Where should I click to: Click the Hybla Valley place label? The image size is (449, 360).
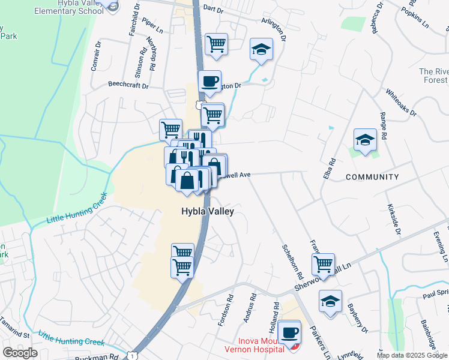click(208, 212)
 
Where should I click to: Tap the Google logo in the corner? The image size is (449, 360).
click(20, 353)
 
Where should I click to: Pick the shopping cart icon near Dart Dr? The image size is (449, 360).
click(216, 44)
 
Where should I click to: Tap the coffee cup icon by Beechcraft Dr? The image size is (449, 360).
click(209, 82)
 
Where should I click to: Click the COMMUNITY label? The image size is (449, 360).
click(372, 177)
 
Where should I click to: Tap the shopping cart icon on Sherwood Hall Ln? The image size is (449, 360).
click(323, 263)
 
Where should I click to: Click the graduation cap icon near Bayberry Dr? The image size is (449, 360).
click(330, 302)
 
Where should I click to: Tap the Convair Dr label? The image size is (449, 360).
click(94, 56)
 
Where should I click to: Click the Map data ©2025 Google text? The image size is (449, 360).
click(411, 355)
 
